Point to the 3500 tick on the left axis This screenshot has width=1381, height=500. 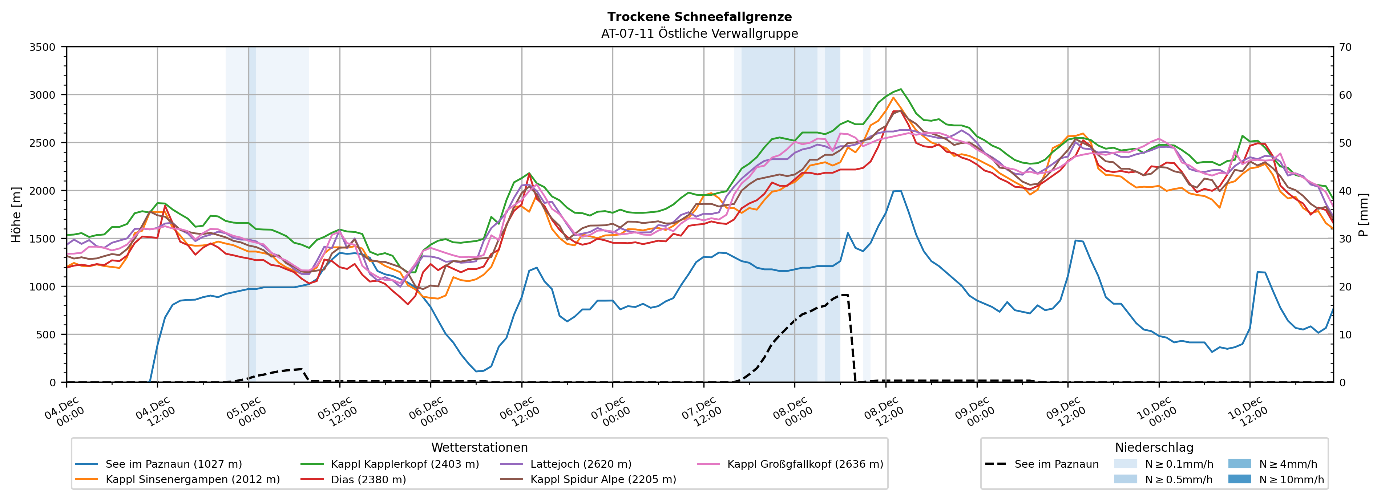tap(42, 47)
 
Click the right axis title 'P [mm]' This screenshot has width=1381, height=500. tap(1363, 214)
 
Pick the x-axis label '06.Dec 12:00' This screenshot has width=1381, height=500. tap(519, 411)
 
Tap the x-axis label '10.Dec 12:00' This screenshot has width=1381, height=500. tap(1248, 411)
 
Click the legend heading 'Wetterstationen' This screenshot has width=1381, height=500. tap(479, 447)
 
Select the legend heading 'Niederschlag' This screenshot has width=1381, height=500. tap(1154, 447)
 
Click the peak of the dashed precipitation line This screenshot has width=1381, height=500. tap(844, 295)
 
